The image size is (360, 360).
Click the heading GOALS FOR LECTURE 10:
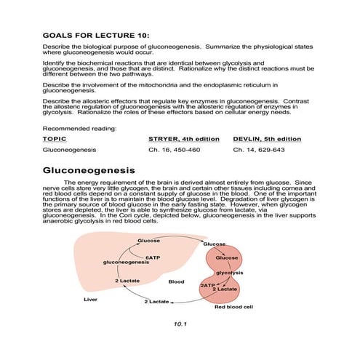pyautogui.click(x=96, y=35)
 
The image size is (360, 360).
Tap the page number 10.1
pyautogui.click(x=180, y=324)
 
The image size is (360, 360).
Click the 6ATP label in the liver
pyautogui.click(x=153, y=257)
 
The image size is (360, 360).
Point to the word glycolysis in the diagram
pyautogui.click(x=229, y=273)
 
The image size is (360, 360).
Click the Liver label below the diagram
pyautogui.click(x=91, y=299)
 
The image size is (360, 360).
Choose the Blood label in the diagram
pyautogui.click(x=177, y=281)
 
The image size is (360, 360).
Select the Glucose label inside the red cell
pyautogui.click(x=228, y=257)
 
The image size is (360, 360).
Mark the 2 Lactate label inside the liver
pyautogui.click(x=127, y=280)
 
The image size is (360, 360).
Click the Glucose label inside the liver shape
pyautogui.click(x=148, y=241)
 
